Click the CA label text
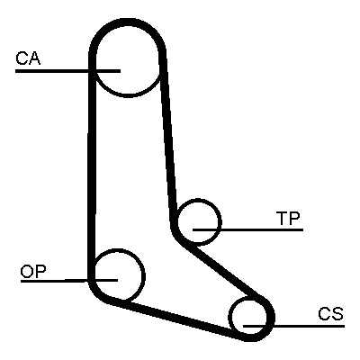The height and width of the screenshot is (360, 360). coord(28,58)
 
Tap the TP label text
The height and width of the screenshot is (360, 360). coord(288,219)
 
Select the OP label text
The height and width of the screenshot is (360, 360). coord(33,271)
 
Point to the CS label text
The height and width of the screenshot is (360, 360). coord(330,314)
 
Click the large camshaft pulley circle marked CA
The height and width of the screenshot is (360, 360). coord(127,96)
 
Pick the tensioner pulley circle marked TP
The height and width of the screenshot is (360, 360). coord(221,222)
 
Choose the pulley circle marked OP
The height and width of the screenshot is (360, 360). coord(144,274)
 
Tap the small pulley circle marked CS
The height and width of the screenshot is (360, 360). coord(229,317)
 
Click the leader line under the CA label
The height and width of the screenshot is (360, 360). coord(67,71)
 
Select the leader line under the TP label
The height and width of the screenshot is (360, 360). coord(247,229)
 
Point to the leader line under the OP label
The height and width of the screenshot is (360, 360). coord(69,281)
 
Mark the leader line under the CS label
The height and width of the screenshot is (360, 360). coord(293,326)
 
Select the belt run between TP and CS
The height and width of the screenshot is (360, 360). coord(226,271)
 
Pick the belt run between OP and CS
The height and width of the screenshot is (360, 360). coord(177,319)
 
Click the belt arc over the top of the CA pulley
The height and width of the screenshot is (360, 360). coord(127,22)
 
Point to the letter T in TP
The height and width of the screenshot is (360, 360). coord(282,219)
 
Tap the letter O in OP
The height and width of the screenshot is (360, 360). coord(27,271)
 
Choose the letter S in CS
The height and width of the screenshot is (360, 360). coord(337,314)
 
